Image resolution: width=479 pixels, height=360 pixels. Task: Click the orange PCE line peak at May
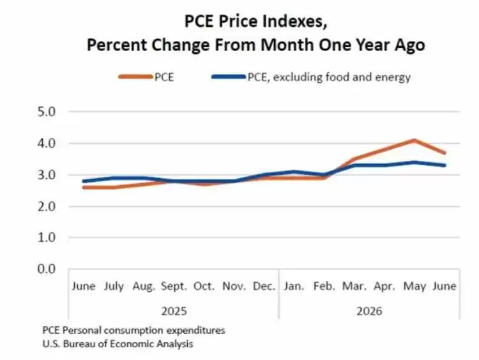(x=414, y=140)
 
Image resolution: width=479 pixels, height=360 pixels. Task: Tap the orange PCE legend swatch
(x=135, y=77)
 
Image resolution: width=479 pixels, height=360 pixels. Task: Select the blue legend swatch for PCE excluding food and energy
(x=229, y=77)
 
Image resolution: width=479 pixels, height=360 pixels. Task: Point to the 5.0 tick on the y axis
(x=47, y=112)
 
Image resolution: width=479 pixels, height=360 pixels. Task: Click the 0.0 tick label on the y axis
(x=47, y=269)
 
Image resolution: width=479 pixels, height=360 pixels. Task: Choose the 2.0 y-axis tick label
(x=47, y=206)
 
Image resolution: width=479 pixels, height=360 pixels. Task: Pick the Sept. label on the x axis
(x=174, y=287)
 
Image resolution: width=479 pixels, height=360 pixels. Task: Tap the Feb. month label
(x=324, y=287)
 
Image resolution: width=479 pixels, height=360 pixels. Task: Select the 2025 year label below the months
(x=174, y=311)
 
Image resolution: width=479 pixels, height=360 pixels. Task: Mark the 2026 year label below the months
(x=369, y=311)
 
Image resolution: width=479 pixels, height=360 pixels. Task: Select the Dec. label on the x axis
(x=264, y=287)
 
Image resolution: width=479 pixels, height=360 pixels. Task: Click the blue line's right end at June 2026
(x=445, y=165)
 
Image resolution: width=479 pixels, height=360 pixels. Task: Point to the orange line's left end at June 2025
(x=84, y=187)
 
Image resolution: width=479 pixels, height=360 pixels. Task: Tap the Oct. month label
(x=204, y=287)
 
